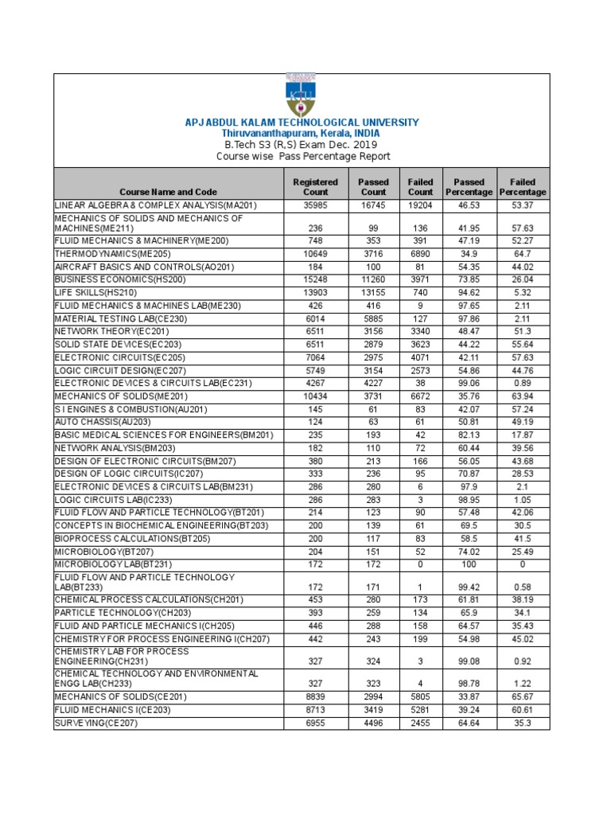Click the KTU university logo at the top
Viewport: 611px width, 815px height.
[x=301, y=96]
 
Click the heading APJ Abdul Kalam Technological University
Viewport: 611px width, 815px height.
[x=302, y=123]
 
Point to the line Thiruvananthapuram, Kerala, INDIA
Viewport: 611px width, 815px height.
[x=301, y=134]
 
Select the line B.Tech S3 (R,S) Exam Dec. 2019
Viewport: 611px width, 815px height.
[x=301, y=145]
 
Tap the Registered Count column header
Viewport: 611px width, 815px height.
[x=316, y=187]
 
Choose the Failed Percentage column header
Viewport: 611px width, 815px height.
[x=523, y=187]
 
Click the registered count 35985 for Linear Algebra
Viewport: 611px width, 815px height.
[x=316, y=205]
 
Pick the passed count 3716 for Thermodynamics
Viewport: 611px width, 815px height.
[x=373, y=254]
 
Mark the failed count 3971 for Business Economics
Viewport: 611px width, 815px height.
[x=420, y=280]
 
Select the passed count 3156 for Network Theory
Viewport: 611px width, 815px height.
[x=373, y=332]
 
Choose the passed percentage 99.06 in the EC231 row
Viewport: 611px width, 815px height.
[x=469, y=384]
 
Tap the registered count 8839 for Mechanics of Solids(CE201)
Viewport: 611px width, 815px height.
[x=316, y=696]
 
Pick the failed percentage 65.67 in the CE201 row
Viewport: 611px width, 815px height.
[x=523, y=696]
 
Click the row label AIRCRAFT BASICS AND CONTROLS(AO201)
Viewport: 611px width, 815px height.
[x=133, y=267]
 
